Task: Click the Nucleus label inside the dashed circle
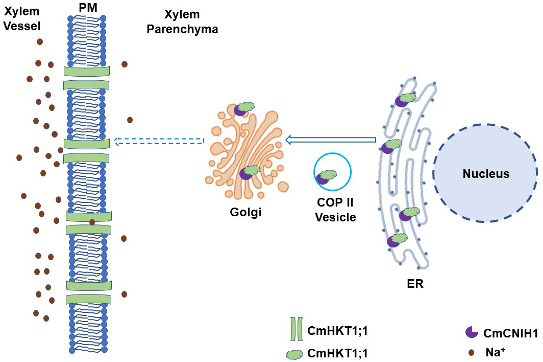[x=486, y=174]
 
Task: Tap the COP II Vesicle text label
[x=335, y=210]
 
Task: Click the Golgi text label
[x=245, y=211]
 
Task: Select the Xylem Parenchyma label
[x=182, y=22]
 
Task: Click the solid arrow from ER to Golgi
[x=330, y=140]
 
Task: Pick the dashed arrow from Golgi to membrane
[x=159, y=141]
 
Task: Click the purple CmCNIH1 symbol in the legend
[x=471, y=332]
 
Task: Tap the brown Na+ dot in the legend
[x=472, y=352]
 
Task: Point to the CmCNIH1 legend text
[x=510, y=333]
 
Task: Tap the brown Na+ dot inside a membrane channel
[x=92, y=222]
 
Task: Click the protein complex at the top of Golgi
[x=244, y=108]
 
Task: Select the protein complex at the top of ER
[x=405, y=99]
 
